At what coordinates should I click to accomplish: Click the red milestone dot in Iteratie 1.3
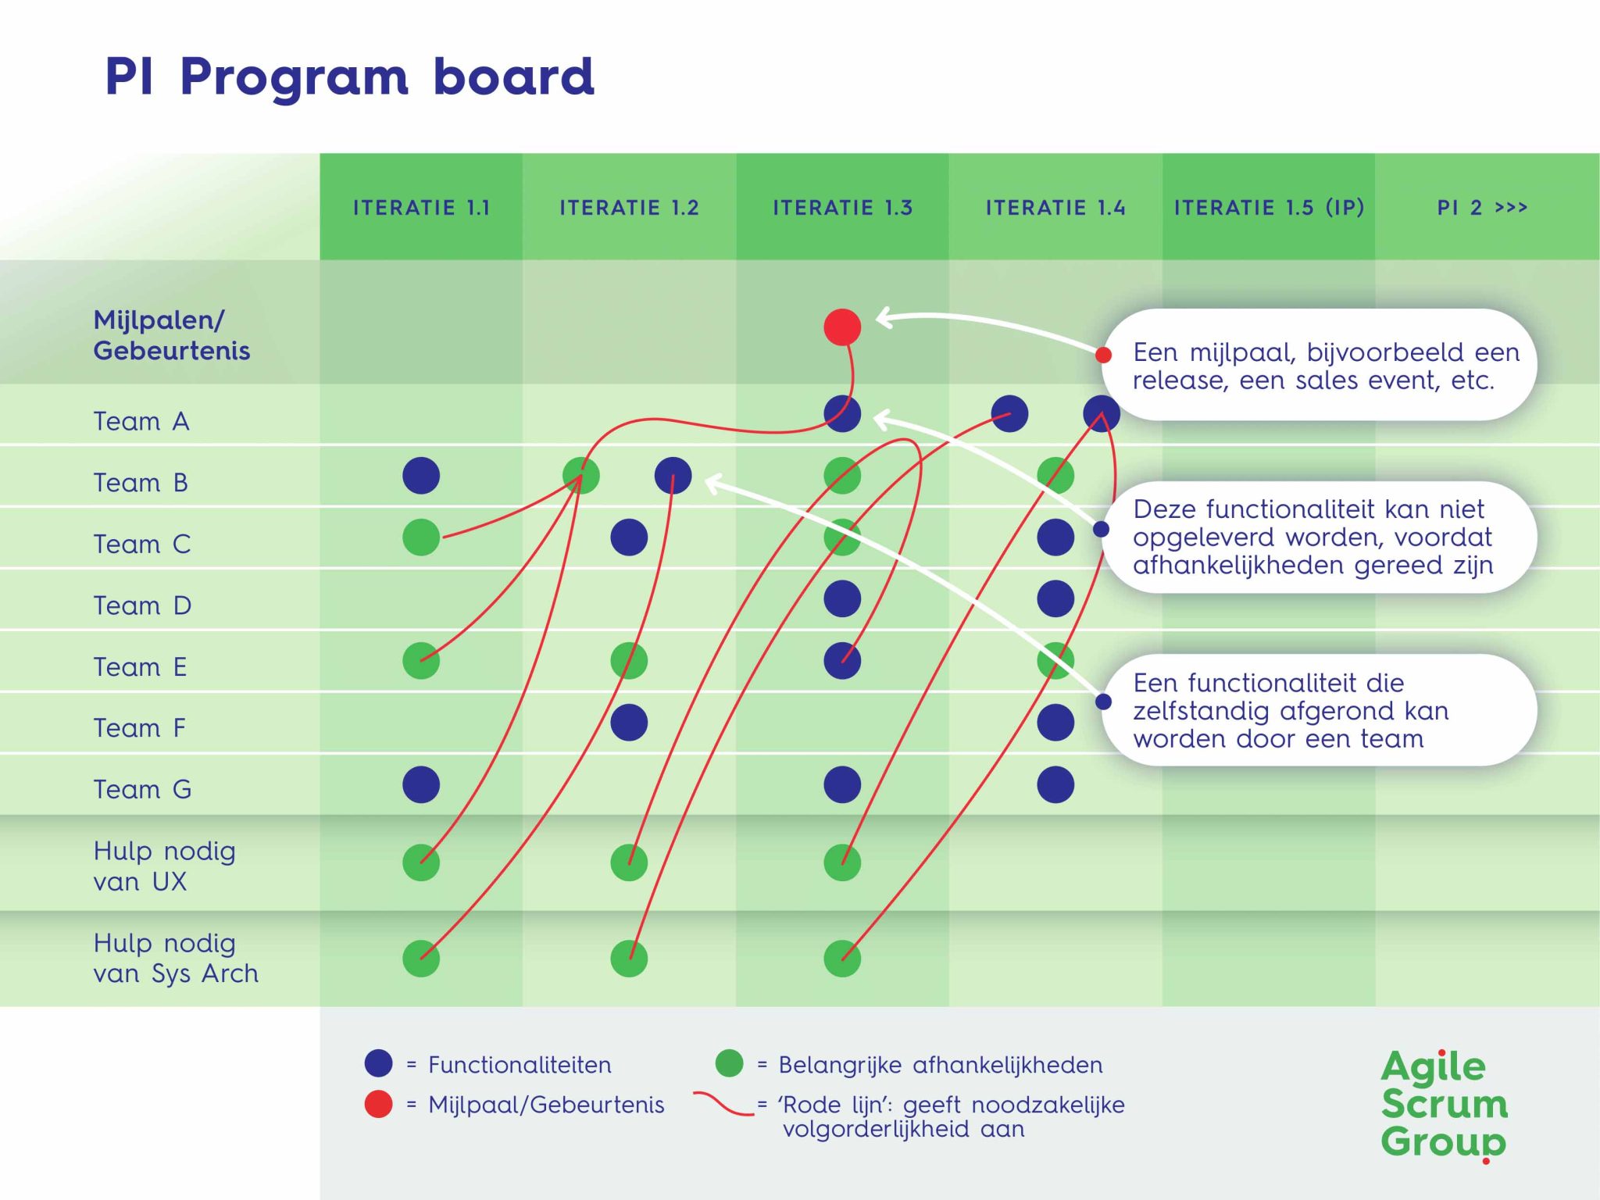pyautogui.click(x=842, y=327)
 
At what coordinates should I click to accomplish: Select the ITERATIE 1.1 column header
pyautogui.click(x=421, y=207)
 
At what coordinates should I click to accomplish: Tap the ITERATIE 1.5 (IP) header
pyautogui.click(x=1269, y=207)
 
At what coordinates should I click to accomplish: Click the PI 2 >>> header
pyautogui.click(x=1482, y=207)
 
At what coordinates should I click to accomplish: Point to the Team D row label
pyautogui.click(x=142, y=605)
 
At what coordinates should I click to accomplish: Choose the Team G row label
pyautogui.click(x=142, y=789)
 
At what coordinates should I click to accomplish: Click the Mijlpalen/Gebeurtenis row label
pyautogui.click(x=171, y=335)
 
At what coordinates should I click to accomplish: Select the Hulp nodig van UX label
pyautogui.click(x=164, y=866)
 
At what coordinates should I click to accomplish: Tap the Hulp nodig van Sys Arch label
pyautogui.click(x=175, y=958)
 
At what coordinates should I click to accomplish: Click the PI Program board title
pyautogui.click(x=349, y=77)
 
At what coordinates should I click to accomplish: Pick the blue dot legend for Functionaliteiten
pyautogui.click(x=378, y=1063)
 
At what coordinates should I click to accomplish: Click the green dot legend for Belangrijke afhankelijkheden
pyautogui.click(x=729, y=1063)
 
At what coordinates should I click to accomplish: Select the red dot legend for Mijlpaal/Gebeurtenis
pyautogui.click(x=378, y=1104)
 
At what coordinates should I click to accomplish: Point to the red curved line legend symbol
pyautogui.click(x=723, y=1103)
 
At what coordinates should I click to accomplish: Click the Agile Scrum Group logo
pyautogui.click(x=1444, y=1105)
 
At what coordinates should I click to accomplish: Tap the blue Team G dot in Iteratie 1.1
pyautogui.click(x=421, y=784)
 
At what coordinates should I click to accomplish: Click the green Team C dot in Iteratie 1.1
pyautogui.click(x=421, y=537)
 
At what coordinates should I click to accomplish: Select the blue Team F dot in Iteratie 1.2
pyautogui.click(x=629, y=723)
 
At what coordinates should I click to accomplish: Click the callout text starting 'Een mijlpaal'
pyautogui.click(x=1325, y=366)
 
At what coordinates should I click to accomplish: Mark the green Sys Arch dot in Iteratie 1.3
pyautogui.click(x=842, y=959)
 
